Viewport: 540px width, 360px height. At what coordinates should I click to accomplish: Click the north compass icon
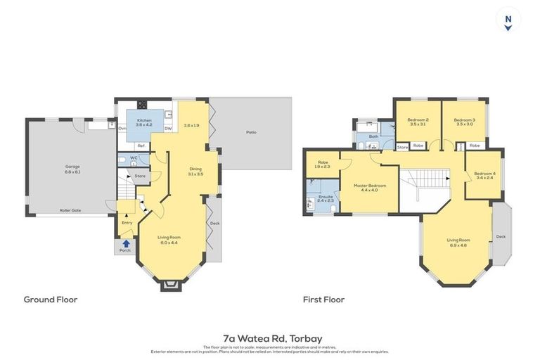tap(508, 19)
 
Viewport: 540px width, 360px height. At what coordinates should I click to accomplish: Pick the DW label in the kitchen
tap(168, 129)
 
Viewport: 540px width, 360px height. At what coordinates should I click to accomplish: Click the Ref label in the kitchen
tap(141, 146)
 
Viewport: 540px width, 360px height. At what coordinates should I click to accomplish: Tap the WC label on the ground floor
tap(133, 158)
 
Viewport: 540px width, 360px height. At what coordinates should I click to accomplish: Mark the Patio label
tap(250, 131)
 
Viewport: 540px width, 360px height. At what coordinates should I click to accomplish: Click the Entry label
tap(127, 223)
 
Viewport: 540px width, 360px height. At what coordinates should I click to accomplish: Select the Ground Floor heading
tap(51, 300)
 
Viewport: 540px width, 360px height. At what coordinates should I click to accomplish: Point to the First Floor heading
tap(323, 300)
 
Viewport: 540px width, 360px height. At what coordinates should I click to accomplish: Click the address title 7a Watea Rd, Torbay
tap(270, 338)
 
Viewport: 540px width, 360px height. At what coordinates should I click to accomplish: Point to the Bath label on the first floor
tap(373, 136)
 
